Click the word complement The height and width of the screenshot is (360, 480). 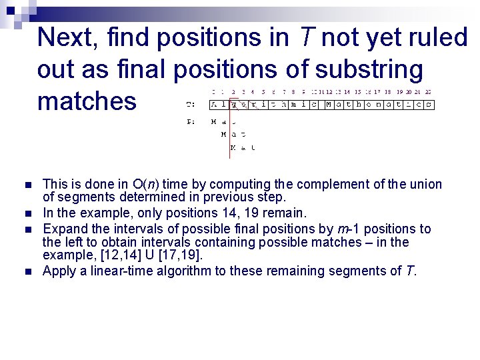[x=336, y=185]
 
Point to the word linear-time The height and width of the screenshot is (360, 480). [x=113, y=271]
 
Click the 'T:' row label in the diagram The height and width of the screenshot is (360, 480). [x=191, y=105]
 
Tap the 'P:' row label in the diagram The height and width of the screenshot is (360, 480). [x=191, y=122]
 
